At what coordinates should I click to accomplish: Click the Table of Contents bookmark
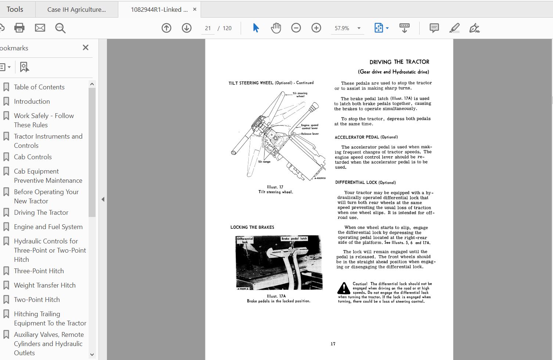[39, 87]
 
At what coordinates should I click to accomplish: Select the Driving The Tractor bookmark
[41, 213]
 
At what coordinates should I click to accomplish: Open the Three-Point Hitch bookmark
[39, 271]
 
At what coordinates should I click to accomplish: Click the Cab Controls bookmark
[33, 157]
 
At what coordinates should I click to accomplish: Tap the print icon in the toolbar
[19, 28]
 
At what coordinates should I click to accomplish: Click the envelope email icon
[40, 28]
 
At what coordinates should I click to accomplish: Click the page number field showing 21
[208, 28]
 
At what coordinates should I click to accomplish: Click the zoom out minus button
[296, 28]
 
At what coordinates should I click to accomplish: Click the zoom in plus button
[316, 28]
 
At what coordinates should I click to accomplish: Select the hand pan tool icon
[276, 28]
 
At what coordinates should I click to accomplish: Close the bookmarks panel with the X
[86, 47]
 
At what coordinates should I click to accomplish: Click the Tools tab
[15, 10]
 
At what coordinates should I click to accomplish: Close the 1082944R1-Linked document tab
[195, 10]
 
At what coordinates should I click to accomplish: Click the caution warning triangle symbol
[344, 288]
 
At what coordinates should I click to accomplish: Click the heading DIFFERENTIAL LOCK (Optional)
[365, 182]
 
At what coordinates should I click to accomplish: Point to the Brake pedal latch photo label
[294, 239]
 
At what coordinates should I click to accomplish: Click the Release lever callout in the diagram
[310, 134]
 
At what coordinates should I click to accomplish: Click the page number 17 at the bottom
[333, 344]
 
